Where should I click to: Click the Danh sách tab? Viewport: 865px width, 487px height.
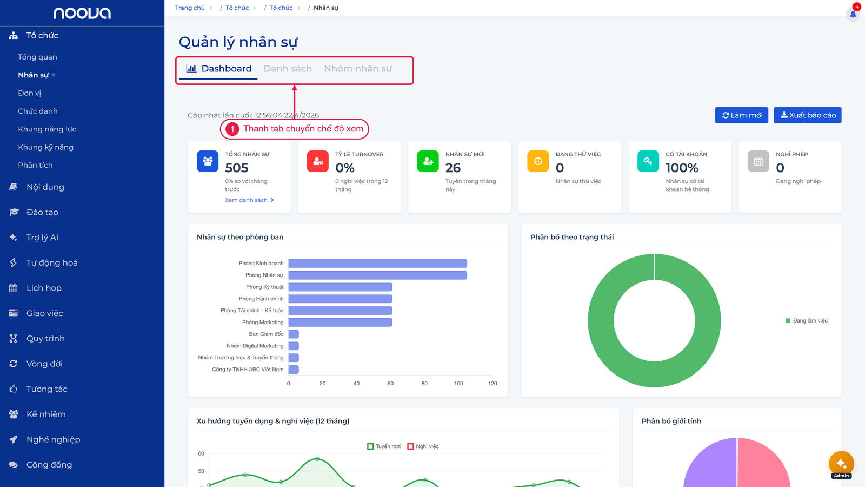pos(288,68)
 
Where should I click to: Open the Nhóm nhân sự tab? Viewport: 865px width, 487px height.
pos(357,68)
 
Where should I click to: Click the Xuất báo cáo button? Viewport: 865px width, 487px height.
pos(808,115)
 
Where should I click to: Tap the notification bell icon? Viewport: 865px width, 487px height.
pos(853,14)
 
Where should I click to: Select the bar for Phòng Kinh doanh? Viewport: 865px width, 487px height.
pos(378,264)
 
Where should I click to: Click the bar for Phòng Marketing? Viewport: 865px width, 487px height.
pos(340,323)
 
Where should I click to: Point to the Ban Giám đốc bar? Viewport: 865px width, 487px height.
pos(294,334)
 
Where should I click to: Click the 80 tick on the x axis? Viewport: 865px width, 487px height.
pos(424,384)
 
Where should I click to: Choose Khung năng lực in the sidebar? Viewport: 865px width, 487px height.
pos(47,129)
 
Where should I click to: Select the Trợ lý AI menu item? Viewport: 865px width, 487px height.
pos(42,238)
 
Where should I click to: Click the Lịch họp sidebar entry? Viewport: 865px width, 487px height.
pos(44,288)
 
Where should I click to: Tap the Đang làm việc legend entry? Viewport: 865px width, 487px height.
pos(806,320)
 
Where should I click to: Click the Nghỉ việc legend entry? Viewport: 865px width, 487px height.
pos(423,446)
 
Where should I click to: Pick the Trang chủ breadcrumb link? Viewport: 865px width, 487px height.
pos(190,8)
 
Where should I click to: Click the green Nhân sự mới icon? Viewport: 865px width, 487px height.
pos(428,161)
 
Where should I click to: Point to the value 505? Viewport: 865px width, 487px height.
pos(237,168)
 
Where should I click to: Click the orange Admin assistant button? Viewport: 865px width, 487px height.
pos(841,464)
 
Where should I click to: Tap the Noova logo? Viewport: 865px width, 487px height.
pos(82,13)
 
